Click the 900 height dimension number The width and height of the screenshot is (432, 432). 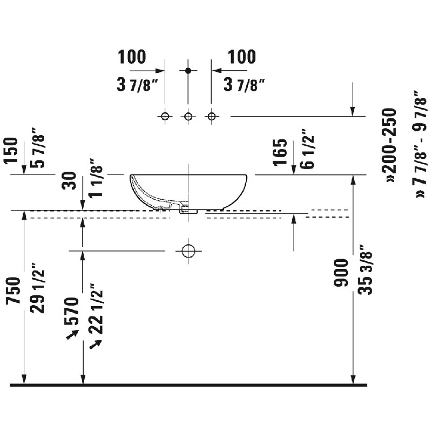[x=341, y=273]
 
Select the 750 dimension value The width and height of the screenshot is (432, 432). [x=13, y=291]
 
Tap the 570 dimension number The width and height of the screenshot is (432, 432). [x=71, y=311]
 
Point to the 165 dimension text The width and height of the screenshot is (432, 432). [x=280, y=152]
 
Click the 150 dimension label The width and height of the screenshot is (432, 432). [x=11, y=151]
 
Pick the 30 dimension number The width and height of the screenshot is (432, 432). [x=69, y=180]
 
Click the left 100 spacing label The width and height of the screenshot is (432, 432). [x=132, y=57]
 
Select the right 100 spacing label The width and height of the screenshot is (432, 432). [x=241, y=57]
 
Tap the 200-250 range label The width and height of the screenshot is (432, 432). [x=389, y=145]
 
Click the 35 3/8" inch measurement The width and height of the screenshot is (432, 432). [x=366, y=269]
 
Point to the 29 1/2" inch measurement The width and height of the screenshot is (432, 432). [x=37, y=288]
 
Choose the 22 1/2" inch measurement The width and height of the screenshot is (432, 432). [x=96, y=308]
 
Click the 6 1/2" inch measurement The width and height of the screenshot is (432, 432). [x=307, y=148]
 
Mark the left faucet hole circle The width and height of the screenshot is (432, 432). [x=165, y=116]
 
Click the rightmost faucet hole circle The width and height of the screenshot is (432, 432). [x=212, y=116]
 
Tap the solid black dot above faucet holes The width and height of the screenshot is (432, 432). [x=188, y=71]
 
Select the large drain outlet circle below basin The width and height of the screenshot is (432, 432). [x=188, y=251]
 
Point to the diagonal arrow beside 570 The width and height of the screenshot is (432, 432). [x=72, y=335]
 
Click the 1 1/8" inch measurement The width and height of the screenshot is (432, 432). [x=96, y=178]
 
